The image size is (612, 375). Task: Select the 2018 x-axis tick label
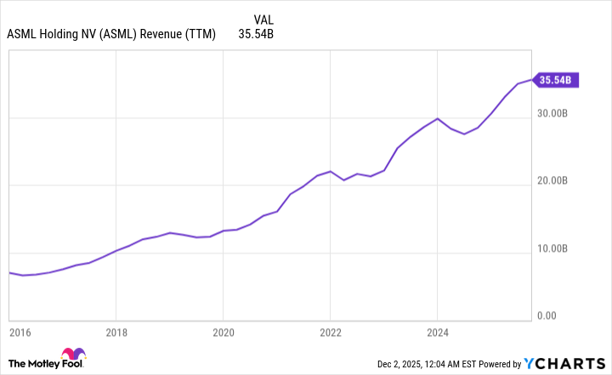(116, 332)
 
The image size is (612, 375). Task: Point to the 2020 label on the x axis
(223, 332)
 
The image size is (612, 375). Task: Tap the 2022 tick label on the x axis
(330, 332)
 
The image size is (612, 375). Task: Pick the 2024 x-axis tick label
(437, 332)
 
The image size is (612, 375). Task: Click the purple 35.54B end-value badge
(557, 81)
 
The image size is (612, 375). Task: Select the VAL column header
(263, 19)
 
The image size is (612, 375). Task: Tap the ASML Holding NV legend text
(110, 35)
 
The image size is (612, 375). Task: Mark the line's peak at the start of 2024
(437, 118)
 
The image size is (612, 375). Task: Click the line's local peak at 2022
(330, 171)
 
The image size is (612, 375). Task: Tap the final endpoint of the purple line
(531, 81)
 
